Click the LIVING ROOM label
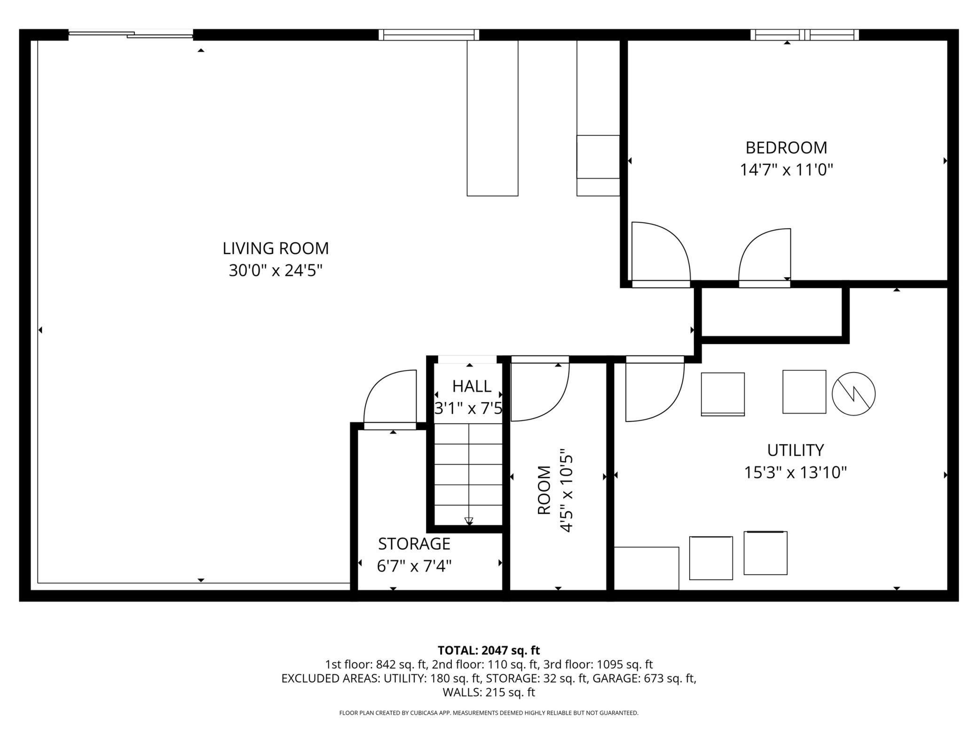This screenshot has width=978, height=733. click(276, 248)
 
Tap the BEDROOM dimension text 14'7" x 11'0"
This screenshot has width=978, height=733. click(787, 170)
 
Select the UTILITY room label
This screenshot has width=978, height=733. click(796, 450)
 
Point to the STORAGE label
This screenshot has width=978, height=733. click(414, 544)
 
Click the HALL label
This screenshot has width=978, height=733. click(472, 386)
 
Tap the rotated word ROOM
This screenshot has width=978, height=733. click(544, 490)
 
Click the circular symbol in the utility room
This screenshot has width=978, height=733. click(853, 394)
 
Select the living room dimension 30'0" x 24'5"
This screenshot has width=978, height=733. click(276, 271)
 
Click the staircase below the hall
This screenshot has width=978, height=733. click(468, 475)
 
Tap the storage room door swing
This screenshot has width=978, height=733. click(390, 399)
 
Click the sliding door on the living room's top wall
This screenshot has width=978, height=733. click(131, 34)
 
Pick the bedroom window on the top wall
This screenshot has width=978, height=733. click(804, 35)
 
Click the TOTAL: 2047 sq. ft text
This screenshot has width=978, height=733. click(489, 650)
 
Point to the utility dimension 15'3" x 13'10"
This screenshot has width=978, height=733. click(796, 472)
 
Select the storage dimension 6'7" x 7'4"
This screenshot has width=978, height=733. click(414, 566)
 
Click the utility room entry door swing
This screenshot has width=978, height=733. click(655, 389)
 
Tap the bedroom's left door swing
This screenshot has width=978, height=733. click(661, 254)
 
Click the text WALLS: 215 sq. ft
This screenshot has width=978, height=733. click(489, 692)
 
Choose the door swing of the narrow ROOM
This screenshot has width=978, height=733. click(540, 389)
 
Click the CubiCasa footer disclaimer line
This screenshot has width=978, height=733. click(489, 713)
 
